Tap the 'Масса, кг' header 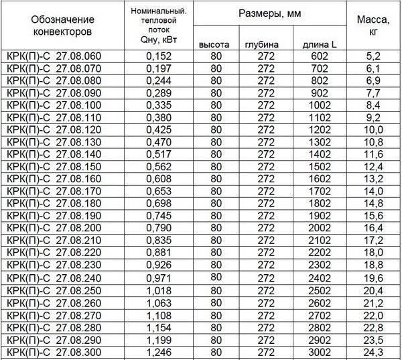(373, 25)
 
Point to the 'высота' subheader (214, 44)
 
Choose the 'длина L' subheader (321, 44)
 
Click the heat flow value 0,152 (158, 56)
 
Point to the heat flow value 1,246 (158, 353)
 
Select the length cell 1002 (320, 105)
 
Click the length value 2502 (320, 291)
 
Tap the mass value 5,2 (373, 56)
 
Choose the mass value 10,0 (373, 129)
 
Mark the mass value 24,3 (373, 353)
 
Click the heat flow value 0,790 (158, 228)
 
